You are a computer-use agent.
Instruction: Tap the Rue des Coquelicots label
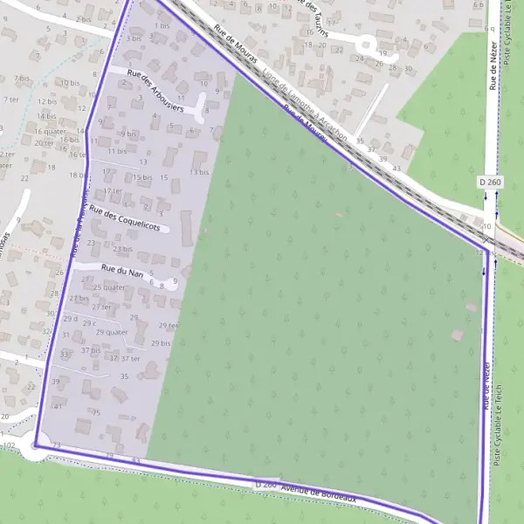click(x=124, y=218)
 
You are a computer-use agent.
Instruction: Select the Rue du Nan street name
click(x=122, y=272)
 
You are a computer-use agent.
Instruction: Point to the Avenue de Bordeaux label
click(x=319, y=493)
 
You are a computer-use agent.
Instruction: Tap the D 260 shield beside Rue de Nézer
click(x=490, y=182)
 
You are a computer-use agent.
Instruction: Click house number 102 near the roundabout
click(x=10, y=446)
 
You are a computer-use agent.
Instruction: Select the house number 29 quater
click(x=112, y=332)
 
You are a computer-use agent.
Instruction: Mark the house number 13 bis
click(x=199, y=172)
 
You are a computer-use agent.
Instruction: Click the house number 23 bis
click(x=122, y=249)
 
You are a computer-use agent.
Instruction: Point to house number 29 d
click(x=70, y=320)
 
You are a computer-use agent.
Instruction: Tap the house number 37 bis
click(x=90, y=349)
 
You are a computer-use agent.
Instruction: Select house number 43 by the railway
click(x=396, y=168)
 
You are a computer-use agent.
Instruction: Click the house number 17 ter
click(x=113, y=191)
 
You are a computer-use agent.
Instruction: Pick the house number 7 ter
click(x=10, y=100)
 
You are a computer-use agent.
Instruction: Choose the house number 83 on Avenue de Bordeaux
click(x=135, y=459)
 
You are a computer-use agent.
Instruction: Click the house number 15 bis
click(x=143, y=177)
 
